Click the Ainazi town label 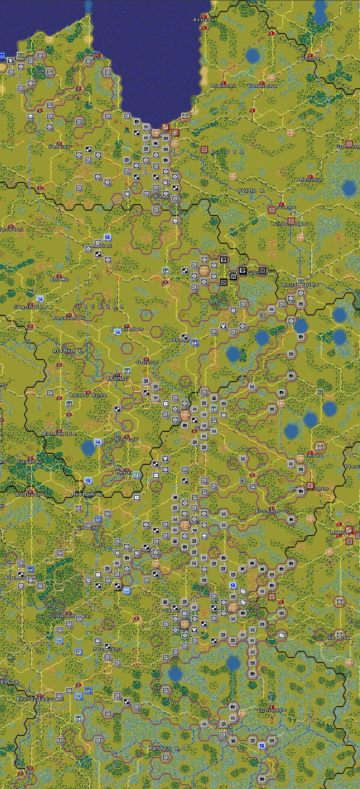click(204, 20)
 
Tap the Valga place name click(310, 58)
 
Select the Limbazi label click(223, 86)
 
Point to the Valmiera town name click(262, 86)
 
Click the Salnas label click(59, 147)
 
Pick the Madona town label click(310, 180)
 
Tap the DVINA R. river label click(251, 190)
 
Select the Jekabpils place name click(291, 224)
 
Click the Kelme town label click(59, 279)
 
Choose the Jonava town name click(146, 362)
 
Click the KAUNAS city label click(117, 378)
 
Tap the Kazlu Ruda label click(88, 395)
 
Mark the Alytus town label click(126, 440)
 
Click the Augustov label click(30, 495)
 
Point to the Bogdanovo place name click(272, 511)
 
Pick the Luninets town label click(271, 710)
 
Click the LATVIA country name click(227, 152)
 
